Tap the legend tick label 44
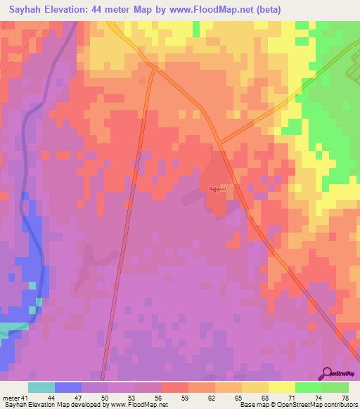[51, 398]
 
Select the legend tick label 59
[184, 398]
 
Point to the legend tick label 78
[345, 398]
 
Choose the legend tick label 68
[265, 398]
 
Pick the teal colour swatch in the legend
[41, 387]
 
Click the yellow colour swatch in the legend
[281, 387]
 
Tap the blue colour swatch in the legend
[67, 387]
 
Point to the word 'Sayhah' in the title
[25, 10]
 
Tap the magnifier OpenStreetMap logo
[328, 372]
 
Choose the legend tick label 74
[319, 398]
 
